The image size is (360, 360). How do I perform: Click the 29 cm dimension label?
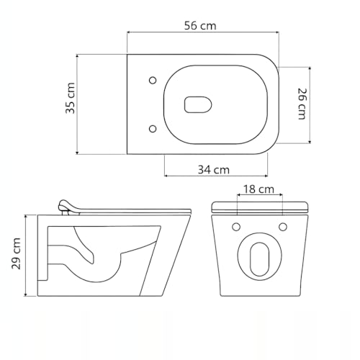pyautogui.click(x=16, y=254)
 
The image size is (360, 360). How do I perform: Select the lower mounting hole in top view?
pyautogui.click(x=152, y=128)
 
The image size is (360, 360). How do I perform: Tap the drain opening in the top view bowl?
pyautogui.click(x=196, y=104)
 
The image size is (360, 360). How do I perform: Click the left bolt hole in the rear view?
pyautogui.click(x=236, y=228)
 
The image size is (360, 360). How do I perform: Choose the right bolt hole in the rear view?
pyautogui.click(x=283, y=228)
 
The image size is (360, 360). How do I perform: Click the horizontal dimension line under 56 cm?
pyautogui.click(x=202, y=33)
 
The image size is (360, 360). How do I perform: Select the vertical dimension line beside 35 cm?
pyautogui.click(x=79, y=103)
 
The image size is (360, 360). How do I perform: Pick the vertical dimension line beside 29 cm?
pyautogui.click(x=27, y=255)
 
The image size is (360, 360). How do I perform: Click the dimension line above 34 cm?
pyautogui.click(x=216, y=176)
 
